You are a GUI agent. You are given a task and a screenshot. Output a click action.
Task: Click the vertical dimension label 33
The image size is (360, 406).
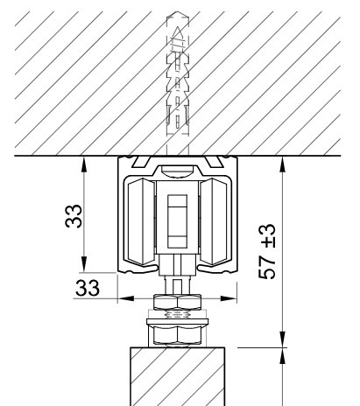pyautogui.click(x=74, y=216)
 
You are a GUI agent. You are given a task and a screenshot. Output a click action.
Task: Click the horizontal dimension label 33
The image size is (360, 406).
pyautogui.click(x=88, y=288)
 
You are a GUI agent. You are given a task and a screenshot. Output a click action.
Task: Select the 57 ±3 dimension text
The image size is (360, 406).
pyautogui.click(x=267, y=251)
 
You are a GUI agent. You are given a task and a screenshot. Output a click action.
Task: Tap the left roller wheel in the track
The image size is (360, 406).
pyautogui.click(x=141, y=221)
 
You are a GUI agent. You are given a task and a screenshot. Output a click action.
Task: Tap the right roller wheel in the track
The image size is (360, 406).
pyautogui.click(x=214, y=221)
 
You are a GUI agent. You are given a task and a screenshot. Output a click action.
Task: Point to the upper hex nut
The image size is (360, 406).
pyautogui.click(x=177, y=302)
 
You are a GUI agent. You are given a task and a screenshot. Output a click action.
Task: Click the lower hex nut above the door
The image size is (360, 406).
pyautogui.click(x=177, y=334)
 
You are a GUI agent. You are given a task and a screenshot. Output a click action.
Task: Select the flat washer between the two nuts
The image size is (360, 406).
pyautogui.click(x=177, y=321)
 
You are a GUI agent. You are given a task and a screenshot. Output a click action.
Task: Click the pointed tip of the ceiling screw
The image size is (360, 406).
pyautogui.click(x=178, y=28)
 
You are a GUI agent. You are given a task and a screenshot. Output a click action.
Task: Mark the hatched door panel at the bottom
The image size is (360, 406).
pyautogui.click(x=177, y=376)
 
